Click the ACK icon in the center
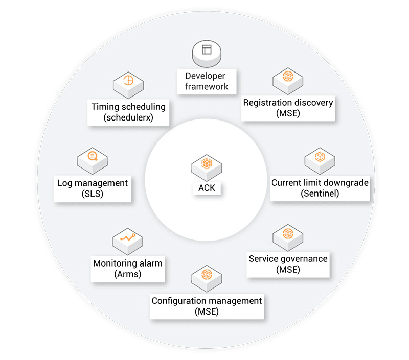pyautogui.click(x=207, y=164)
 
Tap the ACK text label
pyautogui.click(x=207, y=188)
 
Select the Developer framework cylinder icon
pyautogui.click(x=207, y=52)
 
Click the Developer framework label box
pyautogui.click(x=207, y=81)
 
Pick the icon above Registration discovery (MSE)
pyautogui.click(x=287, y=79)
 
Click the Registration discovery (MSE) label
pyautogui.click(x=288, y=108)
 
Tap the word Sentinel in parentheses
pyautogui.click(x=320, y=193)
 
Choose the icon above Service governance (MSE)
pyautogui.click(x=288, y=235)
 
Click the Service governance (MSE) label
pyautogui.click(x=288, y=263)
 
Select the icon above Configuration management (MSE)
pyautogui.click(x=207, y=275)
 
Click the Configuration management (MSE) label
pyautogui.click(x=207, y=305)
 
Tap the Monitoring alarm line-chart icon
pyautogui.click(x=127, y=238)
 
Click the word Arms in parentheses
pyautogui.click(x=127, y=274)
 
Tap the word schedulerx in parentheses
pyautogui.click(x=128, y=118)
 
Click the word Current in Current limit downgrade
pyautogui.click(x=286, y=182)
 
